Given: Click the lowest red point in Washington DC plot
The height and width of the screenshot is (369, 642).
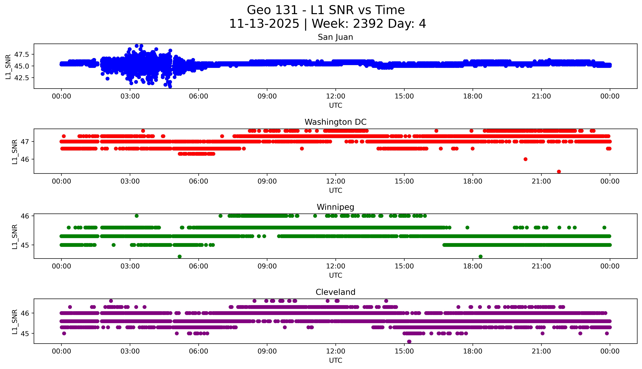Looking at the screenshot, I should click(559, 172).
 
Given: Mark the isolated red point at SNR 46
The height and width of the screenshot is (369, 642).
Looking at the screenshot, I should click(525, 159).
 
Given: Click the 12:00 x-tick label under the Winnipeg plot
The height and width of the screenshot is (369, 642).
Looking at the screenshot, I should click(335, 266).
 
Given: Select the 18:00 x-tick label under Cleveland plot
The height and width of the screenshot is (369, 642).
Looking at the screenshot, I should click(473, 351).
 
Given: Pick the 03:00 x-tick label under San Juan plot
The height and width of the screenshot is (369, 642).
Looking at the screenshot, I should click(130, 96).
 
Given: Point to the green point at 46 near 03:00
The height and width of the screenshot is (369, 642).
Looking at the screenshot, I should click(137, 216).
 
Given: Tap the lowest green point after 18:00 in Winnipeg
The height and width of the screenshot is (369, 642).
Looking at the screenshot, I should click(480, 256).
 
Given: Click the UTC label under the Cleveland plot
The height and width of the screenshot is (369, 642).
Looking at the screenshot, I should click(335, 360).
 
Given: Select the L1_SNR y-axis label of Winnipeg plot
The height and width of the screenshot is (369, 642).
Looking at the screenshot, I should click(15, 237).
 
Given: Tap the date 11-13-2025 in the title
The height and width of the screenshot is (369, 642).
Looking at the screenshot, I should click(264, 24).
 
